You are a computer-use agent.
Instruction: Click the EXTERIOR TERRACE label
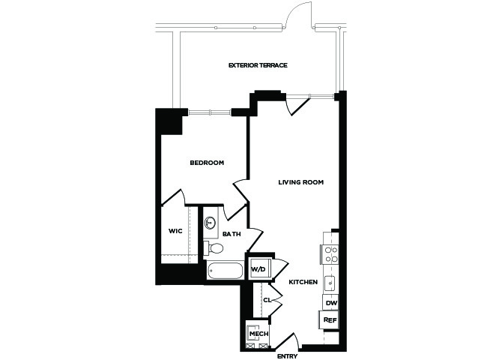point(258,65)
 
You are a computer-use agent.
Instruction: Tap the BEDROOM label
point(207,163)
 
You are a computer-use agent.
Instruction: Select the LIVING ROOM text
point(300,182)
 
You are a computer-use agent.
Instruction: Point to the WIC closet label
point(175,231)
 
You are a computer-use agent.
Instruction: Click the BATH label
point(232,234)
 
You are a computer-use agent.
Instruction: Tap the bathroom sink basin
point(210,222)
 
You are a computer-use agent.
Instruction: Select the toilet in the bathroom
point(214,247)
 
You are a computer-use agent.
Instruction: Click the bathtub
point(225,271)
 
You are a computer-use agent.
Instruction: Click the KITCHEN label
point(303,282)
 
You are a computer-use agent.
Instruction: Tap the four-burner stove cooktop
point(330,254)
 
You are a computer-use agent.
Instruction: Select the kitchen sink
point(330,282)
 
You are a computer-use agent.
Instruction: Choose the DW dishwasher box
point(330,303)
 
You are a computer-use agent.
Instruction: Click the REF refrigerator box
point(330,319)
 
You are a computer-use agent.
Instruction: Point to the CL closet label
point(267,300)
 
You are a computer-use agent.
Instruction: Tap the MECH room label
point(259,334)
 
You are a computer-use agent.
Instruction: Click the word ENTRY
point(287,356)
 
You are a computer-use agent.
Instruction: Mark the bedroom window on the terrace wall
point(210,112)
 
